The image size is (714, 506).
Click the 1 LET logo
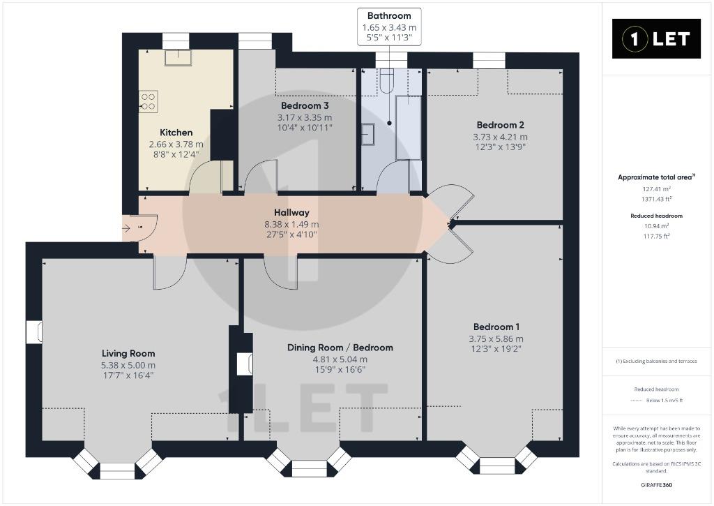655,39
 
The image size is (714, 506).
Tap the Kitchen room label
176,133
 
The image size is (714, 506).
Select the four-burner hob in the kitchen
148,102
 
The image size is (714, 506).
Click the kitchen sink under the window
178,57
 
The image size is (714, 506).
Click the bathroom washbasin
368,134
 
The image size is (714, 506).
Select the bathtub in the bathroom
408,127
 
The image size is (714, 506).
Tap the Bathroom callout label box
389,27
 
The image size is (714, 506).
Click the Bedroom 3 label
305,106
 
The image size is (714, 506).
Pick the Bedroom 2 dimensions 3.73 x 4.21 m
500,137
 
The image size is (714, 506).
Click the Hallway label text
291,212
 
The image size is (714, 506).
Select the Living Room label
128,353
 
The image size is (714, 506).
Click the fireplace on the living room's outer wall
34,332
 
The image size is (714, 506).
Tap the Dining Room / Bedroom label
340,348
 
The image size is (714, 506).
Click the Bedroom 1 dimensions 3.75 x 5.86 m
496,338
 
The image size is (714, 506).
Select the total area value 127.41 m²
656,188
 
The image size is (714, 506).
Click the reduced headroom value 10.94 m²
656,226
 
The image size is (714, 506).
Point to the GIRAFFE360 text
656,484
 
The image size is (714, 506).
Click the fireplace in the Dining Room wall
245,364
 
